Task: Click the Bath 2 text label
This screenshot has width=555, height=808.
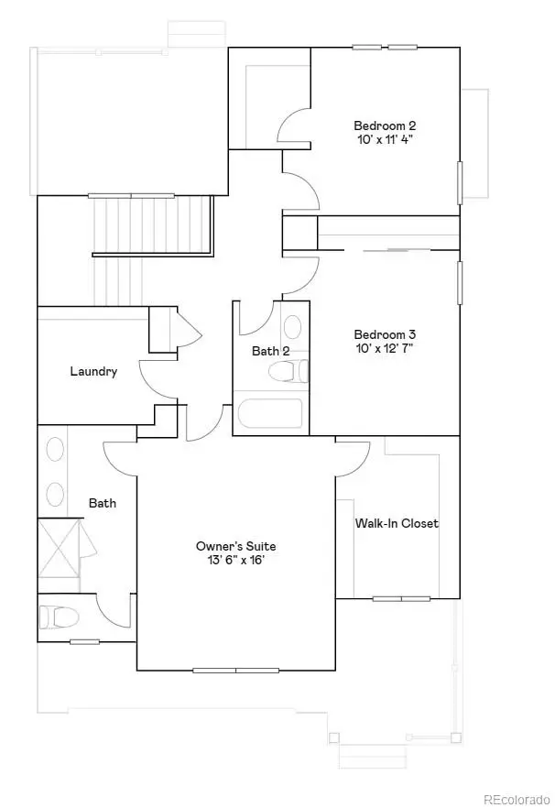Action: tap(271, 351)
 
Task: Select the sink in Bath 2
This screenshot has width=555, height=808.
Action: tap(293, 328)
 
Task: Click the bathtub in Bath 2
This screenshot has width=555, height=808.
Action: tap(270, 414)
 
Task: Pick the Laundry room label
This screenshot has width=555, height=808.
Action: tap(93, 371)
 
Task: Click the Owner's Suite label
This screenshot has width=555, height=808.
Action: tap(235, 546)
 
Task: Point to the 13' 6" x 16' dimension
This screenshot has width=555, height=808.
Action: tap(235, 561)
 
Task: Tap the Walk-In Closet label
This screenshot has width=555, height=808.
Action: tap(397, 523)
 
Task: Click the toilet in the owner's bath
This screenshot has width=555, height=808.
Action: tap(57, 617)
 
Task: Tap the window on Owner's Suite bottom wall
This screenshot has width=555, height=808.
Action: tap(235, 670)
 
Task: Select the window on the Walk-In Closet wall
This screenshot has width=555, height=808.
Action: tap(401, 599)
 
